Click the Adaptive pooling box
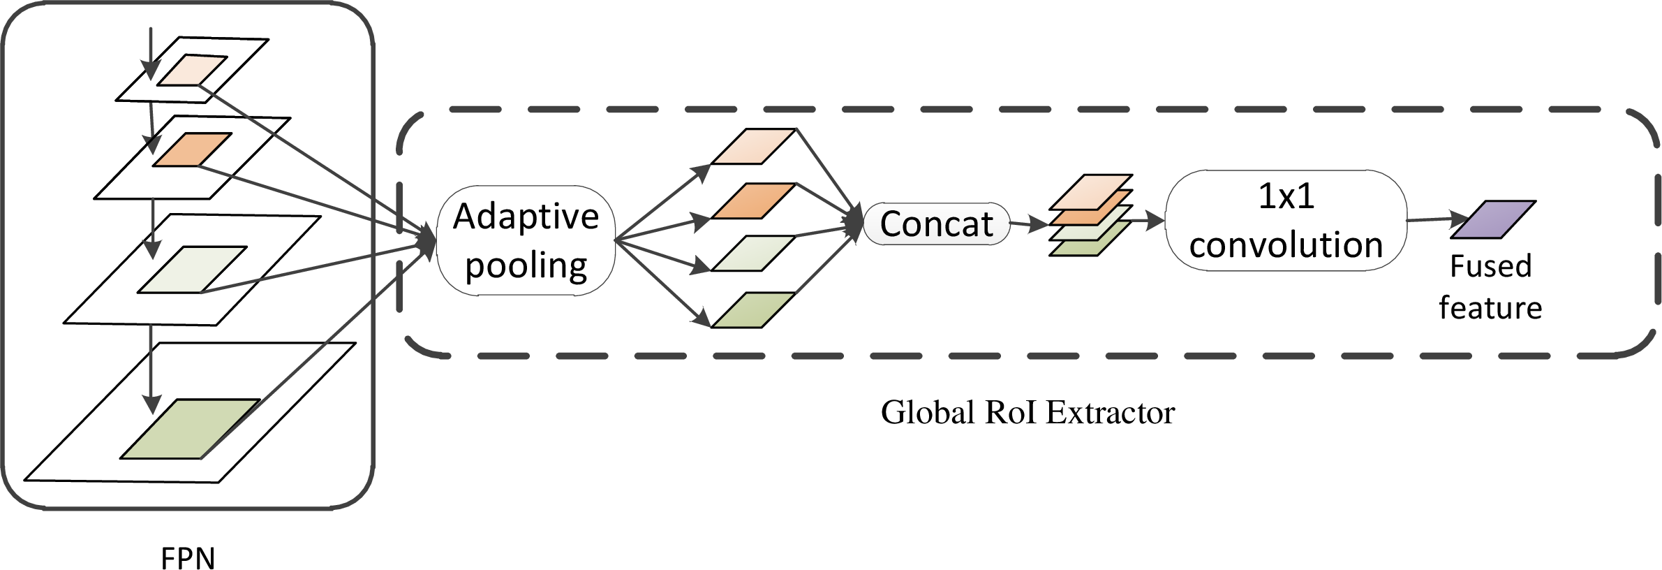click(526, 240)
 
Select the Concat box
click(936, 224)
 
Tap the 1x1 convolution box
click(1286, 220)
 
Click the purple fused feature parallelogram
click(1493, 219)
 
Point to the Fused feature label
click(1490, 287)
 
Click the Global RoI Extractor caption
click(1027, 413)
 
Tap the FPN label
click(188, 557)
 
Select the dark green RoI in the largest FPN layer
click(190, 429)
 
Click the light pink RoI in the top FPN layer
click(192, 70)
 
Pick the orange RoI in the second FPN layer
click(192, 149)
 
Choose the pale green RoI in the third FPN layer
click(192, 270)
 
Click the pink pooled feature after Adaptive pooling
click(753, 147)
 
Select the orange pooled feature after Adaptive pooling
click(753, 201)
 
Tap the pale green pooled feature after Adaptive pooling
click(753, 254)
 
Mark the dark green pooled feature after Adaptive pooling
click(753, 310)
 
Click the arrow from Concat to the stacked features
click(1030, 224)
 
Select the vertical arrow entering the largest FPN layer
click(150, 370)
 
